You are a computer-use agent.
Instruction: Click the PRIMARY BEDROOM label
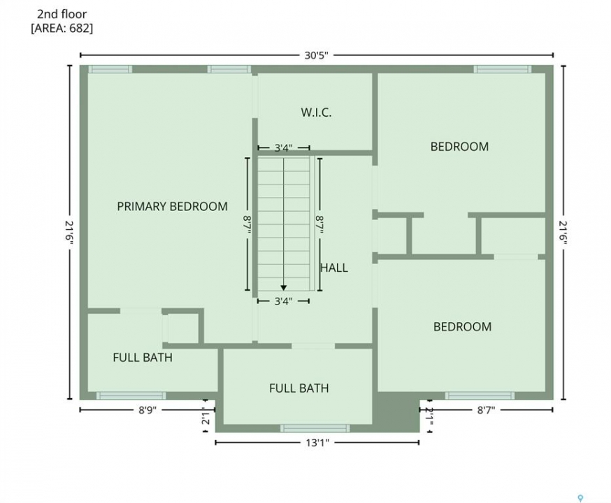tap(172, 206)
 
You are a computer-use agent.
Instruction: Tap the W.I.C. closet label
tap(316, 112)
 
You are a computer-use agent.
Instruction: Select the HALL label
tap(334, 268)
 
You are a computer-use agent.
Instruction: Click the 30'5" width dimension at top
tap(317, 55)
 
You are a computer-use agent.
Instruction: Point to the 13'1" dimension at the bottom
tap(317, 443)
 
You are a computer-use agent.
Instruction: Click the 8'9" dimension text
tap(148, 410)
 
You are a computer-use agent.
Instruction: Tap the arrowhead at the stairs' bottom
tap(284, 288)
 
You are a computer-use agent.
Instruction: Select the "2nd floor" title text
tap(62, 15)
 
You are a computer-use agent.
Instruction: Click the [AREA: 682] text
tap(62, 29)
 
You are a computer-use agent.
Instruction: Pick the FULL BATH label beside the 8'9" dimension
tap(143, 358)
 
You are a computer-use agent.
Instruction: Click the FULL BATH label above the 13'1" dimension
tap(299, 388)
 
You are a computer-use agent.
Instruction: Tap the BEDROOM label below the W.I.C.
tap(459, 147)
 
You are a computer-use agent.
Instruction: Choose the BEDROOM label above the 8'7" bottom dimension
tap(463, 327)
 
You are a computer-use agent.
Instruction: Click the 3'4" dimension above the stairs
tap(283, 148)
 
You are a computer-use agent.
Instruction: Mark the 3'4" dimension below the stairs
tap(283, 301)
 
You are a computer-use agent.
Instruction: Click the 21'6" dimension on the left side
tap(69, 233)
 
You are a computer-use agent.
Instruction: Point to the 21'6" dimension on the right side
tap(563, 233)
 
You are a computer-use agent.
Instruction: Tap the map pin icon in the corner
tap(580, 497)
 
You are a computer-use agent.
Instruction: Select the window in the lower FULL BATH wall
tap(315, 428)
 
